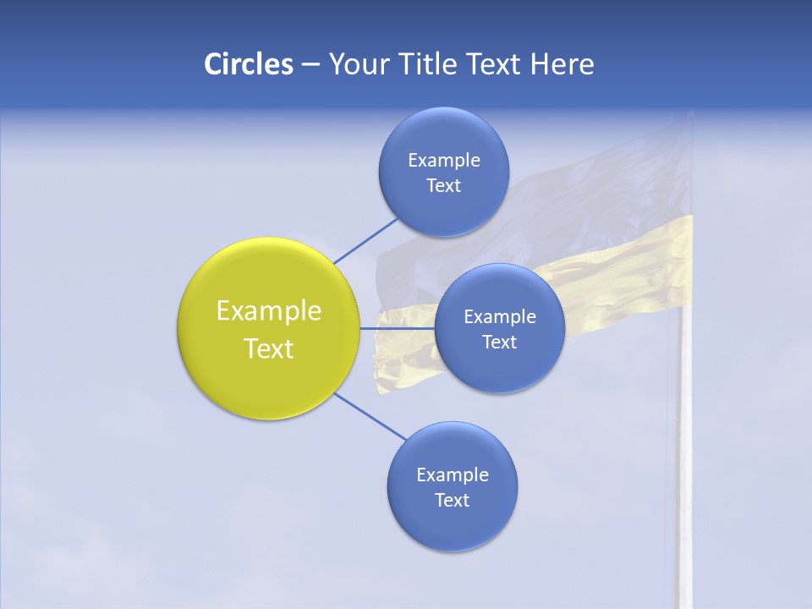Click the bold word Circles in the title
click(249, 64)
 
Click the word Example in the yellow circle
click(269, 311)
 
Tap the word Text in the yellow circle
click(269, 348)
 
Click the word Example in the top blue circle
click(443, 160)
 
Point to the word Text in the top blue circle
click(443, 185)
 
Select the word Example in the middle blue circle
click(499, 316)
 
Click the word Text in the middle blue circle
click(499, 342)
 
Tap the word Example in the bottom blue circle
click(452, 475)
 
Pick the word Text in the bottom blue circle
click(452, 500)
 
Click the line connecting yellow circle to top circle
click(365, 240)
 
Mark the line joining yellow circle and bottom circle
click(372, 416)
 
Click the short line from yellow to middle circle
click(397, 328)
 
